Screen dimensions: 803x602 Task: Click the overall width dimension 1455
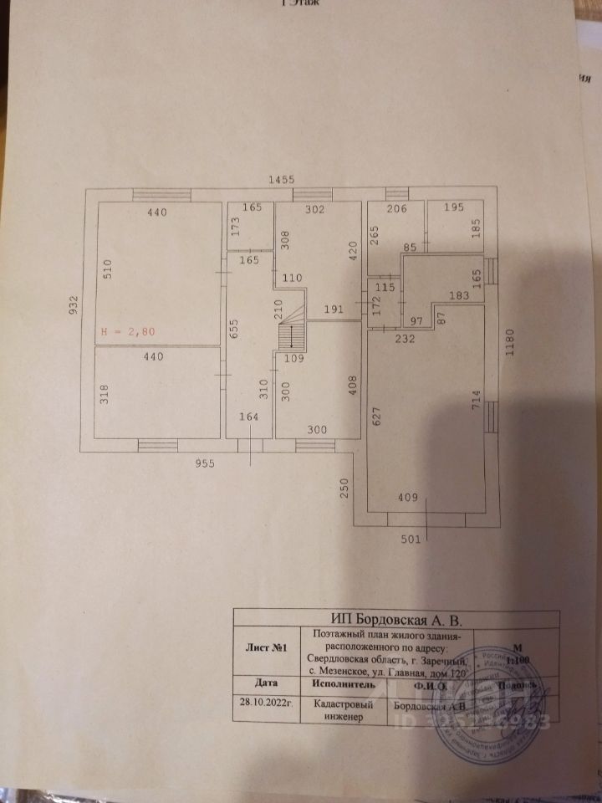point(281,179)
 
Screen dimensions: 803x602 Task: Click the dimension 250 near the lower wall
point(344,488)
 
